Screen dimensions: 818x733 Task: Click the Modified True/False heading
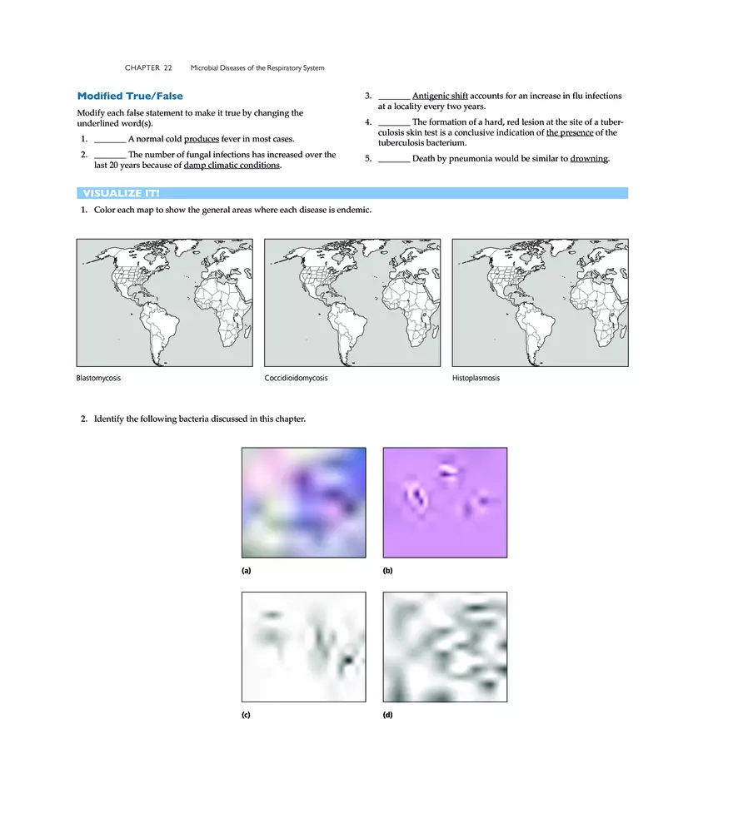coord(130,97)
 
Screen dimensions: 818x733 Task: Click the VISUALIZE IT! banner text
coord(121,193)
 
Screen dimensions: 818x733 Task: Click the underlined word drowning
coord(590,158)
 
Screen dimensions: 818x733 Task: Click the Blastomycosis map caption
coord(98,378)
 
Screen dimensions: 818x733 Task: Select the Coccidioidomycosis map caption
coord(296,378)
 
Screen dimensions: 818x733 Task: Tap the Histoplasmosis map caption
coord(476,378)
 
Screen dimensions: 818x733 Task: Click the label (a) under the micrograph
coord(247,571)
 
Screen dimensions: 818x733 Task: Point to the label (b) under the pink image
coord(387,571)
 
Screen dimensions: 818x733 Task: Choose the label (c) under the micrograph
coord(247,716)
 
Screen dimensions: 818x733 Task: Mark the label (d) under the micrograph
coord(387,716)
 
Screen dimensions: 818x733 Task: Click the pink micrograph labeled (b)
coord(444,503)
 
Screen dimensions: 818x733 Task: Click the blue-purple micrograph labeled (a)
coord(303,503)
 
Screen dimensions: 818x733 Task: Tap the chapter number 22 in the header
coord(167,67)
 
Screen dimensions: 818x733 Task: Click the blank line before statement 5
coord(393,158)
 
